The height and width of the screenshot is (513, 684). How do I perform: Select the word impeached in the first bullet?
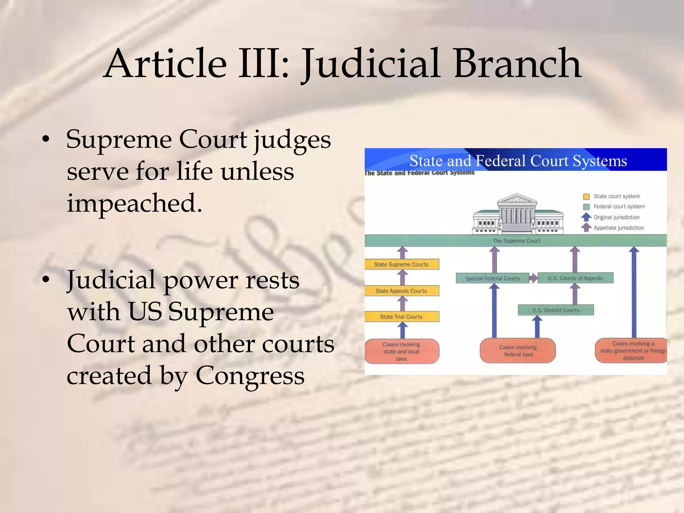134,203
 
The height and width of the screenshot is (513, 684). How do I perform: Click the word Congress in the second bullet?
250,375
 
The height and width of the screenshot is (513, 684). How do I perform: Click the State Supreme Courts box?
401,265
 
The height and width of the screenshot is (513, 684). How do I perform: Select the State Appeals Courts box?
401,291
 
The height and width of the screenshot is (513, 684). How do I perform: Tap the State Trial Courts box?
401,317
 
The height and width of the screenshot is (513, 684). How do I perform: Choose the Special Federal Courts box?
492,278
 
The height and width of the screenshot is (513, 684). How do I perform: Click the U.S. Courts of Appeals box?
575,278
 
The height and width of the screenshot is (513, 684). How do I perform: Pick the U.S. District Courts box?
556,310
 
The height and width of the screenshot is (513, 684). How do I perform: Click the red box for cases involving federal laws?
518,351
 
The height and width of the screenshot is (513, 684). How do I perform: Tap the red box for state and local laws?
401,351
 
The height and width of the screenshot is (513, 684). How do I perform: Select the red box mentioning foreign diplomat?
631,351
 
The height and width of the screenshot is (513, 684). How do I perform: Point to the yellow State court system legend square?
586,196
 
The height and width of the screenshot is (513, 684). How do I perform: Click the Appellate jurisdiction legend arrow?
586,228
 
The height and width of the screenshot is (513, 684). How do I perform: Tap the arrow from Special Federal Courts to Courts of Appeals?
533,278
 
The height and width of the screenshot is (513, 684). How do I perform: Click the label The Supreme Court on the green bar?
516,241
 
